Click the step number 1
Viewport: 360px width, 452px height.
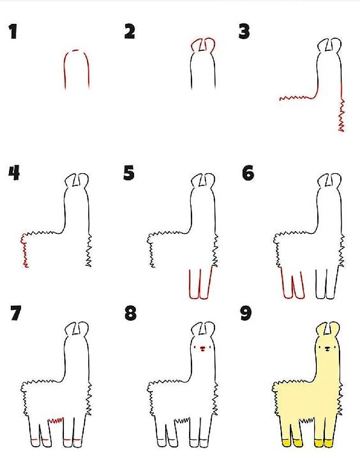pos(13,31)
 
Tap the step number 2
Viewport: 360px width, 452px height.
pos(130,31)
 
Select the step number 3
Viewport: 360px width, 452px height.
pos(244,31)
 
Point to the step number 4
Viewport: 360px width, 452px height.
pos(14,173)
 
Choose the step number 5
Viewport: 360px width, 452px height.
pos(129,173)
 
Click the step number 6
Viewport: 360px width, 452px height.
pos(248,173)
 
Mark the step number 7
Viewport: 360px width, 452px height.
pos(16,313)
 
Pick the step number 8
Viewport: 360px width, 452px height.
pos(130,313)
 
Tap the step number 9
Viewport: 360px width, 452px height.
pos(246,313)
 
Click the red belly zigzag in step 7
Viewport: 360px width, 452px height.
pos(56,420)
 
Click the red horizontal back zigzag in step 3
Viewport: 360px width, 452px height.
pos(298,98)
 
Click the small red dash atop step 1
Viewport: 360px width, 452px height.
pos(76,51)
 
